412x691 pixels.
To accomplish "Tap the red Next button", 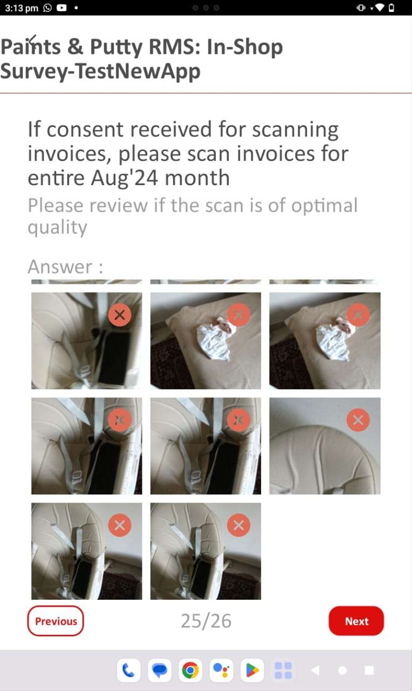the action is [356, 621].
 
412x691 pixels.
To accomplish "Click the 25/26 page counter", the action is [206, 621].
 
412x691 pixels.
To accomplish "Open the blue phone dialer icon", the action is [129, 670].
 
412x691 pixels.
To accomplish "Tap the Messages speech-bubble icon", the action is [160, 670].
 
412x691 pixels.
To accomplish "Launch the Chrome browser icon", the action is [190, 670].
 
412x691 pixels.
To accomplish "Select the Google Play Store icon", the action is [252, 670].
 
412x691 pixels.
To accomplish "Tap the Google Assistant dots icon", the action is [221, 670].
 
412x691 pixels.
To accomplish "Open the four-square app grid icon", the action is [283, 670].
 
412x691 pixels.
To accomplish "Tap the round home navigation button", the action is [342, 670].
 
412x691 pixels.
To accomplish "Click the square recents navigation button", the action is [369, 670].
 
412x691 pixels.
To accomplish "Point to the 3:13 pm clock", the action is [22, 8].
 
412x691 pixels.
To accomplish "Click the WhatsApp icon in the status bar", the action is [47, 8].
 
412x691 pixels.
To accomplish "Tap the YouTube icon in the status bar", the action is [61, 8].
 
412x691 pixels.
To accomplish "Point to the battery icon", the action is [392, 8].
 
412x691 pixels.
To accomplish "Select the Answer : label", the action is [65, 267].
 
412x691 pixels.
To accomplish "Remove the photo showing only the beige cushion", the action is [358, 420].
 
